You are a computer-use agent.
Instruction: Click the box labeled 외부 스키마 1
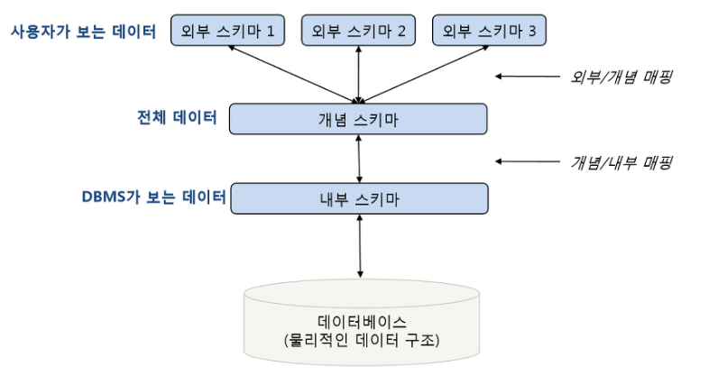tap(227, 31)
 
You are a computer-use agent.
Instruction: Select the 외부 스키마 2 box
tap(358, 31)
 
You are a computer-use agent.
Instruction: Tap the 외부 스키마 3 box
tap(489, 31)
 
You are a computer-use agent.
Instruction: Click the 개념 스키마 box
tap(358, 119)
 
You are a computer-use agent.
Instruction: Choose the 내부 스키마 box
tap(360, 198)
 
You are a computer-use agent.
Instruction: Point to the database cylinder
tap(362, 323)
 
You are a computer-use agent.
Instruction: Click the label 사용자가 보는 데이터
tap(83, 32)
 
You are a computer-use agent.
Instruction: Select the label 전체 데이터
tap(177, 117)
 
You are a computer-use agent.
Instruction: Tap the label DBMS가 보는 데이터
tap(154, 197)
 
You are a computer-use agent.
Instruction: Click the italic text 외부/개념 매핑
tap(621, 77)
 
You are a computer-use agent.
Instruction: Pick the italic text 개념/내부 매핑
tap(621, 162)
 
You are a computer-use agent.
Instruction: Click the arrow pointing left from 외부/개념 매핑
tap(528, 77)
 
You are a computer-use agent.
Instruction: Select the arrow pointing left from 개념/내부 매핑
tap(528, 161)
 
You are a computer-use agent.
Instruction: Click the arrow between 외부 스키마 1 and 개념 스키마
tap(293, 74)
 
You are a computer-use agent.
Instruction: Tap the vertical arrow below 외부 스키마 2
tap(358, 75)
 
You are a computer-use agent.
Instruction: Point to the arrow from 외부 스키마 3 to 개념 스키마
tap(424, 74)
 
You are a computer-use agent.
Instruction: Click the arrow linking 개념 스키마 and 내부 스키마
tap(359, 159)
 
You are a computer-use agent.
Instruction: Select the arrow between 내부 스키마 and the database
tap(360, 246)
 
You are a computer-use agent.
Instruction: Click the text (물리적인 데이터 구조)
tap(362, 340)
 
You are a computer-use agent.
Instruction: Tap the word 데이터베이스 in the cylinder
tap(362, 322)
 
